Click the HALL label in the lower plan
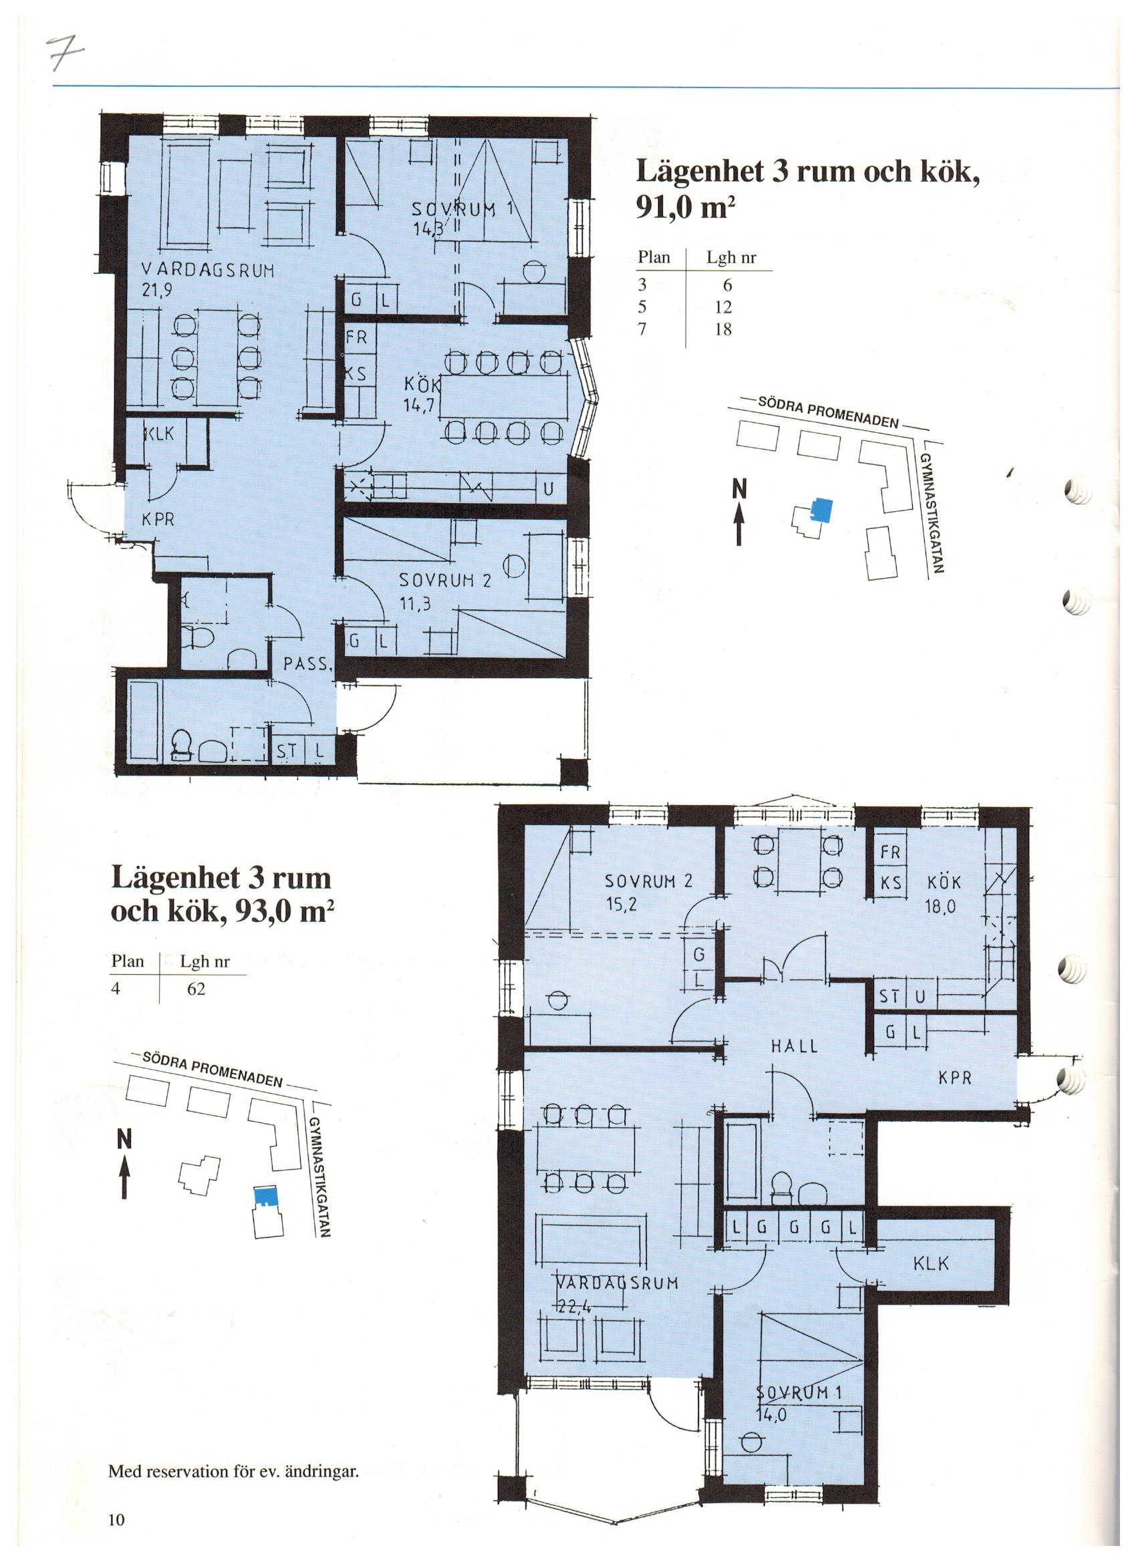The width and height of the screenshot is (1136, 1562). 795,1066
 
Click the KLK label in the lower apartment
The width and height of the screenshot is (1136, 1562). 932,1264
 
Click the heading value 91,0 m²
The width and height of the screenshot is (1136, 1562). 682,208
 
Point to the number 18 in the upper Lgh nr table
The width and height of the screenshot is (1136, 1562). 722,329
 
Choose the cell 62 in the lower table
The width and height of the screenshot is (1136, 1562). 196,989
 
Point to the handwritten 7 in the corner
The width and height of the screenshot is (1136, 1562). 69,49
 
